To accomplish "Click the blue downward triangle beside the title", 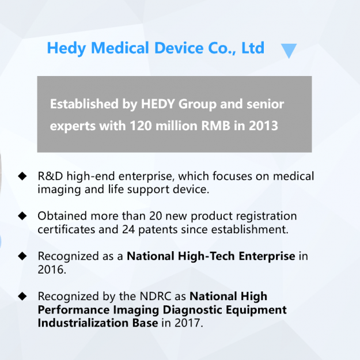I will coord(289,51).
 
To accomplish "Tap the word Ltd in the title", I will coord(252,48).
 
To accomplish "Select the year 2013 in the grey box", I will coord(263,125).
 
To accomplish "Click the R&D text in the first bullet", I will coord(51,176).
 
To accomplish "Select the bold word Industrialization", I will coord(97,323).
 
